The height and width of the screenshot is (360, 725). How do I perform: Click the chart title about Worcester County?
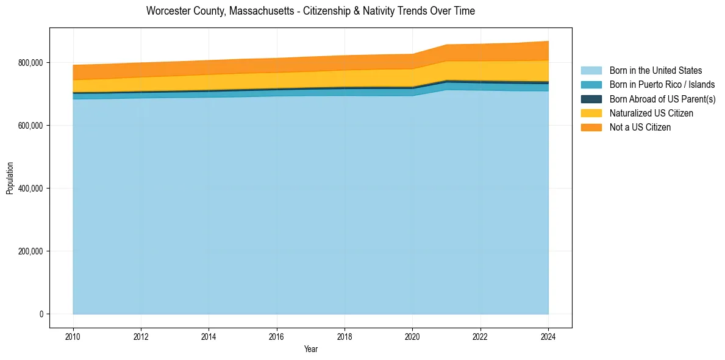pos(310,11)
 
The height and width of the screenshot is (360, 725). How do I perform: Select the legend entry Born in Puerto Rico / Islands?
pos(662,85)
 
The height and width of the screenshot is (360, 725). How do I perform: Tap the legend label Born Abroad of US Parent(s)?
pos(662,99)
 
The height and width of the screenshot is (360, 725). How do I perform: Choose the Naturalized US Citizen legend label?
pos(651,113)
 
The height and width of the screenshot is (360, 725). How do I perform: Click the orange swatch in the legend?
pos(591,127)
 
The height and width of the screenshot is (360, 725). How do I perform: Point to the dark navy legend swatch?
pos(591,99)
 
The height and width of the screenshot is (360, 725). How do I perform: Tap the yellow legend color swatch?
pos(591,113)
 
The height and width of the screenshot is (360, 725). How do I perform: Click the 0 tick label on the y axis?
pos(42,314)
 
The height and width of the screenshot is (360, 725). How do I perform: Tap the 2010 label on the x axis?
pos(73,336)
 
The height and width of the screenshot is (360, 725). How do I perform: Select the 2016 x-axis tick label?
pos(277,336)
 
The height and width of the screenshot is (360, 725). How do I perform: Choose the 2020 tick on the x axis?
pos(413,336)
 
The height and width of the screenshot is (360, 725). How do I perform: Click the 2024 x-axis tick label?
pos(549,336)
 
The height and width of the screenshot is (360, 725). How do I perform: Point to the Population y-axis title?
pos(10,178)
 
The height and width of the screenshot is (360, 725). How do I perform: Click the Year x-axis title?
pos(310,349)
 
